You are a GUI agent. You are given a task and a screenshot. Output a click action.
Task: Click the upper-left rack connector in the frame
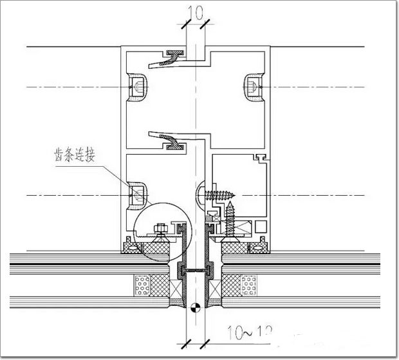click(138, 86)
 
